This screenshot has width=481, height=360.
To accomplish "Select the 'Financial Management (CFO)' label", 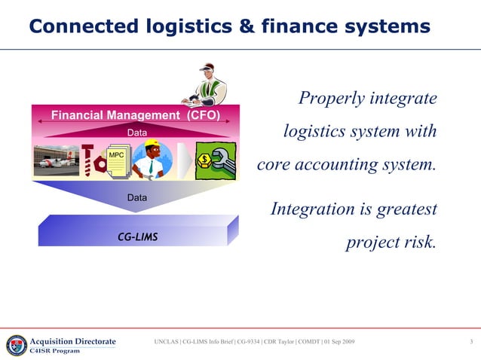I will (x=136, y=115).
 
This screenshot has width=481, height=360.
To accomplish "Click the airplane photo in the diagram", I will (x=57, y=160).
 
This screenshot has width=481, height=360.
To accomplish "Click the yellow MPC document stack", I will (x=116, y=162).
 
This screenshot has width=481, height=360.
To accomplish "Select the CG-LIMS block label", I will (x=137, y=236).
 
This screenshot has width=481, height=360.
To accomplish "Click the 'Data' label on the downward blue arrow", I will (x=136, y=197).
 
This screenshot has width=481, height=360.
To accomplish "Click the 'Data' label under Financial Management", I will (x=136, y=133).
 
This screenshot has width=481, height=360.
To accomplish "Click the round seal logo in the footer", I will (x=16, y=344).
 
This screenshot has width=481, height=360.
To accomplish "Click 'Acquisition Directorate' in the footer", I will (x=72, y=341).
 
